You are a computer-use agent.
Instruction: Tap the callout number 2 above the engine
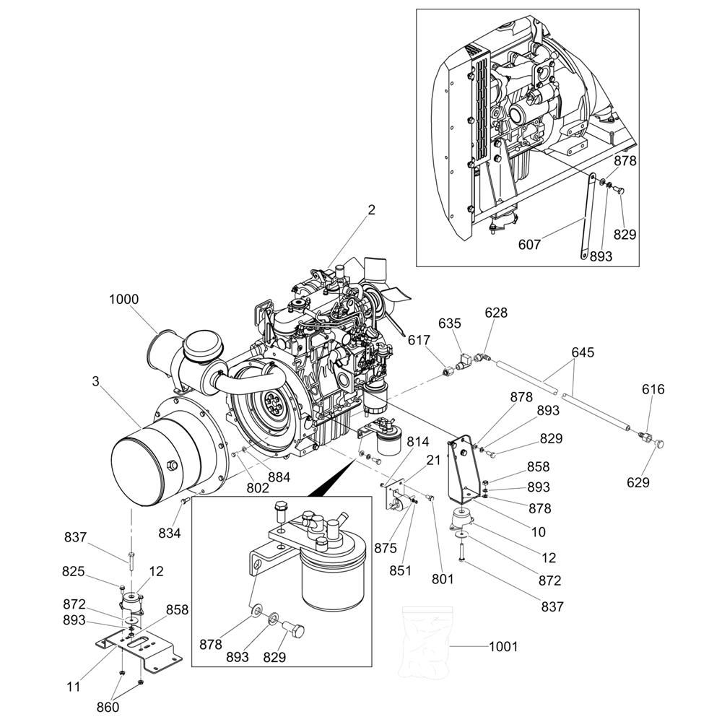pos(371,210)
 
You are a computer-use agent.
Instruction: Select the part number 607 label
pos(529,245)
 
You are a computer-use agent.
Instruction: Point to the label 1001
pos(503,646)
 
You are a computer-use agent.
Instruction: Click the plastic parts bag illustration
pos(426,645)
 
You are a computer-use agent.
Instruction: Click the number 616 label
pos(653,390)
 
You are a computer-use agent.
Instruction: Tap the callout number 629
pos(643,482)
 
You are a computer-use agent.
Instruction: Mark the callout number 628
pos(496,313)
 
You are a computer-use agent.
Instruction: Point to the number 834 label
pos(169,533)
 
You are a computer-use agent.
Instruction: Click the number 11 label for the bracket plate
pos(73,687)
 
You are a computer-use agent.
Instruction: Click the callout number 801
pos(443,578)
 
